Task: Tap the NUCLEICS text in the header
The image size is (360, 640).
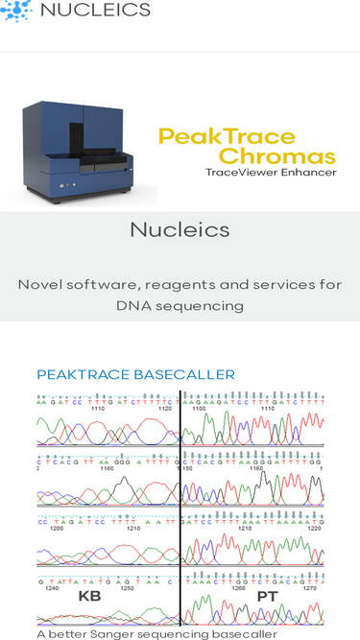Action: [95, 11]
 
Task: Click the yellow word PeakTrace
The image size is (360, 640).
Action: [227, 136]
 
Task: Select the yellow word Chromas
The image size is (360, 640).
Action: [277, 155]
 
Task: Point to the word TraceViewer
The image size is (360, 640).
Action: [241, 173]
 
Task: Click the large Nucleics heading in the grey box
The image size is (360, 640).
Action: [180, 230]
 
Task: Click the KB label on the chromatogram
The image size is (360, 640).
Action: [89, 597]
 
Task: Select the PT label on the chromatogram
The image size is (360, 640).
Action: [267, 597]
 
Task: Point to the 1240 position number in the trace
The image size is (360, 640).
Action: [55, 588]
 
